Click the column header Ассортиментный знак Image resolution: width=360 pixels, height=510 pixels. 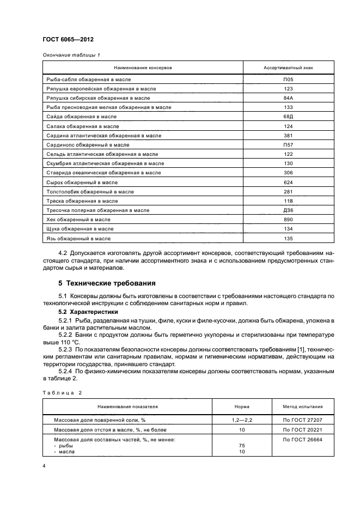pos(288,68)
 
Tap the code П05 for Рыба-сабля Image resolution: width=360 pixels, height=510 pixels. pos(288,80)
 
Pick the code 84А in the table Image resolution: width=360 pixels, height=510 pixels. pos(288,98)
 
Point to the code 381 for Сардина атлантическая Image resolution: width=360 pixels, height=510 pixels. pos(288,135)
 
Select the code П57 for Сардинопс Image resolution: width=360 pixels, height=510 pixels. pos(288,145)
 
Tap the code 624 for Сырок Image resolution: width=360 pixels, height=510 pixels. pos(288,182)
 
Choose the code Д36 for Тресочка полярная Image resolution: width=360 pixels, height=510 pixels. pos(288,210)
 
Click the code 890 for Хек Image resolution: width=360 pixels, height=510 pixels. pos(288,219)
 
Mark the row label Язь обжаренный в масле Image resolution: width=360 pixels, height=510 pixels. pos(79,238)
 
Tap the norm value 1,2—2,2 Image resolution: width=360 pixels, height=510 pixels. pos(241,420)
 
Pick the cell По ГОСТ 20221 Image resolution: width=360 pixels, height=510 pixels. pos(302,430)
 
